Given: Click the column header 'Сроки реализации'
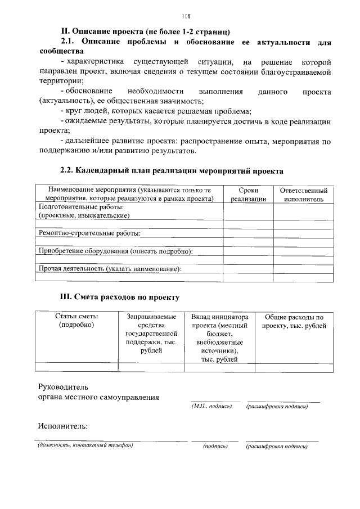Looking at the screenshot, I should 248,195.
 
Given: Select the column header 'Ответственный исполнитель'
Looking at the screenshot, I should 303,195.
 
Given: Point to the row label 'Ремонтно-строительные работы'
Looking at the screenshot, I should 89,233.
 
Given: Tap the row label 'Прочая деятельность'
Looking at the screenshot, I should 110,269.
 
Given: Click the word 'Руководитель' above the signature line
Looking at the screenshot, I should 63,387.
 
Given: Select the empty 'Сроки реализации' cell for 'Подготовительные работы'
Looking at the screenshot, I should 248,211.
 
